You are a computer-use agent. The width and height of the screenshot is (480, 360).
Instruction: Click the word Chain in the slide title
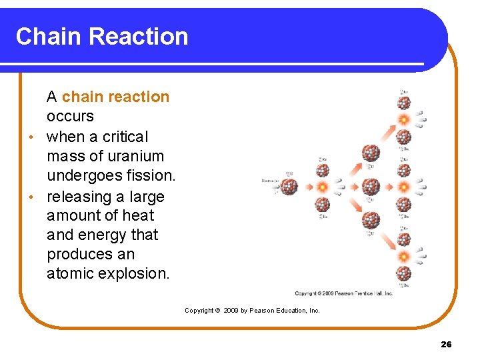click(49, 36)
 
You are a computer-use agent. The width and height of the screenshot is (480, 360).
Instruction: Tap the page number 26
click(446, 344)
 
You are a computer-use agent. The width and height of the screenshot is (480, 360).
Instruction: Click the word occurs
click(70, 116)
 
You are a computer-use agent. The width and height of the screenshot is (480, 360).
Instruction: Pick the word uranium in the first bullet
click(139, 156)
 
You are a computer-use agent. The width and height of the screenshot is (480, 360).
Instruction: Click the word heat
click(137, 215)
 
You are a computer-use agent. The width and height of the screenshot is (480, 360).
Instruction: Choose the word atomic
click(70, 273)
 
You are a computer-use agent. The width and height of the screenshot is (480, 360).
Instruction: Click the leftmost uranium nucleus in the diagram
click(289, 187)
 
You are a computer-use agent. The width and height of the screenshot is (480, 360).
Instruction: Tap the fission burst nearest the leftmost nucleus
click(322, 187)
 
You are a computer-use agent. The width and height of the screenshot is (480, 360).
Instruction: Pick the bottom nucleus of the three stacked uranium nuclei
click(371, 219)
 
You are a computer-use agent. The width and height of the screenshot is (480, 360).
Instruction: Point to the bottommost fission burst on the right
click(403, 255)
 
